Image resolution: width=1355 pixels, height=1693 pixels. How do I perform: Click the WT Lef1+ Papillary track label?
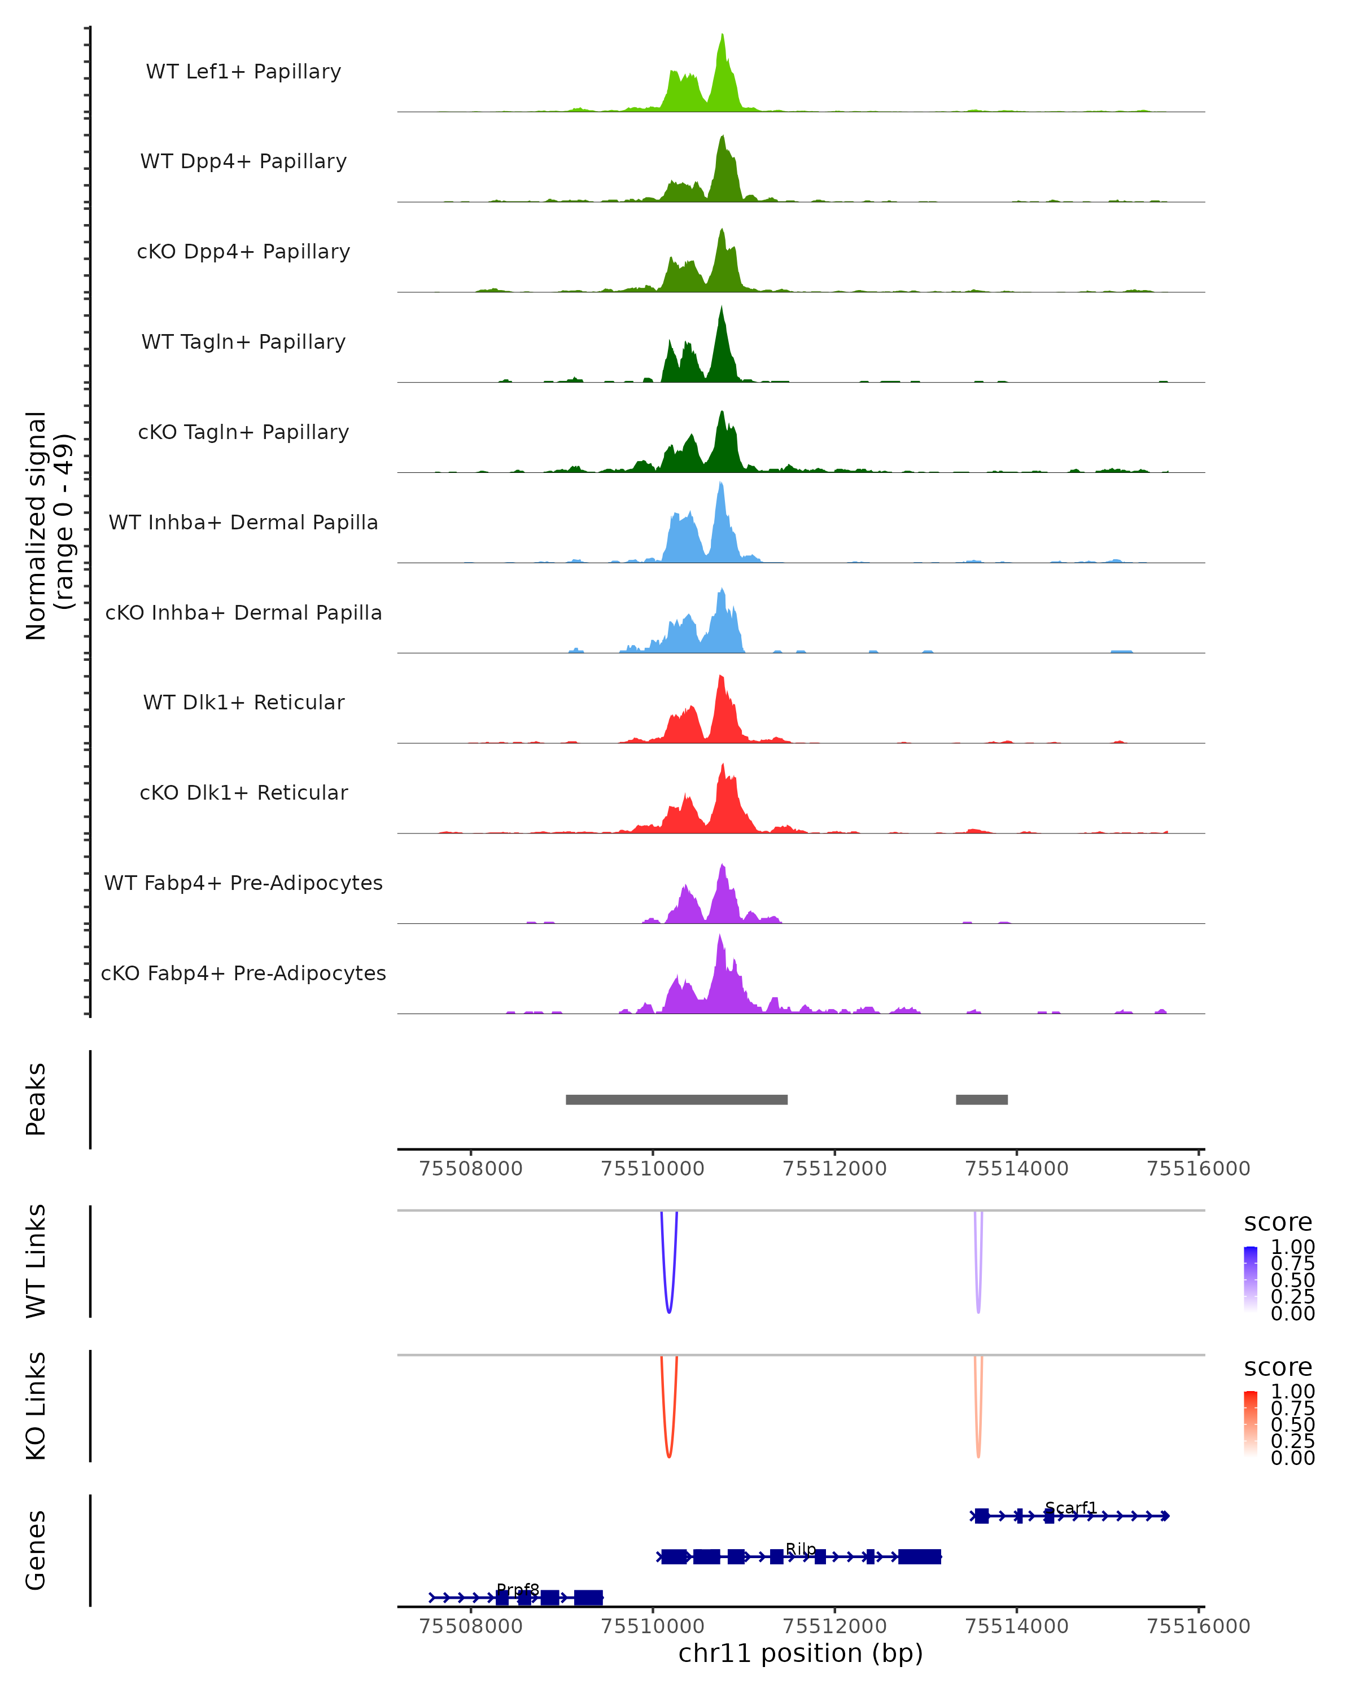point(243,72)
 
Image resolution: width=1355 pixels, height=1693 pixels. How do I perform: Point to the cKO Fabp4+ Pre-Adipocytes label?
point(243,973)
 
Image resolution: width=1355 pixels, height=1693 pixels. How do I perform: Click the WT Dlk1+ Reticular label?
point(243,702)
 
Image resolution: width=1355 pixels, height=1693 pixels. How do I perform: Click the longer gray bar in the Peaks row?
point(676,1099)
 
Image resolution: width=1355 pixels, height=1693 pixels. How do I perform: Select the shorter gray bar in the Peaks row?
point(981,1099)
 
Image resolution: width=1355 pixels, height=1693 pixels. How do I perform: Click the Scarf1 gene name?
point(1070,1508)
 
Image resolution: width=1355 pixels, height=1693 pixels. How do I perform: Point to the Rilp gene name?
point(801,1549)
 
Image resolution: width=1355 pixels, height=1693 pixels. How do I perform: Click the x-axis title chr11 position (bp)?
point(801,1653)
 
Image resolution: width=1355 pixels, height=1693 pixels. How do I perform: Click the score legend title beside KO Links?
point(1277,1367)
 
